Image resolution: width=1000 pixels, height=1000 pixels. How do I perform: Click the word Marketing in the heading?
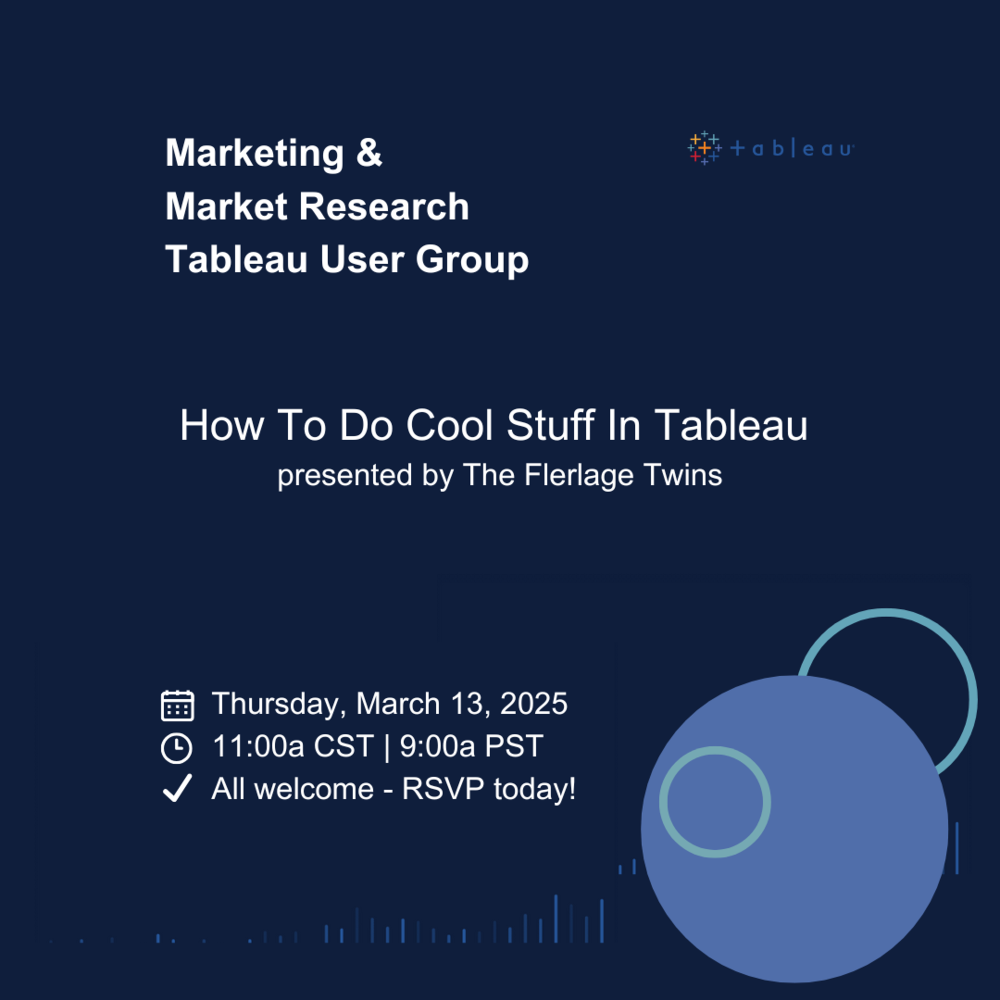coord(254,153)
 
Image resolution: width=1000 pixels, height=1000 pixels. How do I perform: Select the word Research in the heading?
coord(384,206)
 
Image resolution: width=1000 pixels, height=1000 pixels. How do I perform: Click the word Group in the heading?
coord(472,260)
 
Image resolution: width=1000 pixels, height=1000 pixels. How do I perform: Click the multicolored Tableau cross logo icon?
coord(704,148)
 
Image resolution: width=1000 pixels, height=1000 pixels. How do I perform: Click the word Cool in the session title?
coord(449,425)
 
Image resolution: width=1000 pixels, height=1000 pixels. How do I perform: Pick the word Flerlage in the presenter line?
coord(579,475)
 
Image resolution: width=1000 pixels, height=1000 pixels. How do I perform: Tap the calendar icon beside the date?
coord(177,706)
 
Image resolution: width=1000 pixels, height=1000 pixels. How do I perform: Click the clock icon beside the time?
coord(176,748)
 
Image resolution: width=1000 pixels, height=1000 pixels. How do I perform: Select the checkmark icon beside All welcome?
coord(177,788)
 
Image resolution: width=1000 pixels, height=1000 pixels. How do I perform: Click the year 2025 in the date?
coord(534,703)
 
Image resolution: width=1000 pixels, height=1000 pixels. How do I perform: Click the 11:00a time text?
coord(258,746)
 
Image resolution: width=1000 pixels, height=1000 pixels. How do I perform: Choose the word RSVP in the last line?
coord(443,789)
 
